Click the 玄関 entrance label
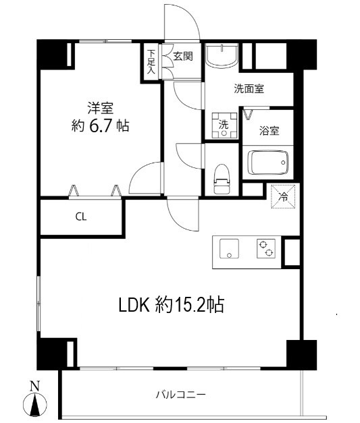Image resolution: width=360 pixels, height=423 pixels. click(x=182, y=56)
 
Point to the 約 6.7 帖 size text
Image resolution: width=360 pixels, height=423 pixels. click(x=101, y=125)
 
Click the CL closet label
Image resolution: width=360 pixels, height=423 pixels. click(x=80, y=217)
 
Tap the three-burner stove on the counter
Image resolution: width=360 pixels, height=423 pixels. click(x=265, y=250)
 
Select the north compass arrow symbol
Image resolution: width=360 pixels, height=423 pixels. click(x=34, y=405)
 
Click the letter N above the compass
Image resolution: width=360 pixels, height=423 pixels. click(x=34, y=387)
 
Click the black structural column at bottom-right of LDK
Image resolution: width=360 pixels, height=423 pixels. click(x=301, y=354)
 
